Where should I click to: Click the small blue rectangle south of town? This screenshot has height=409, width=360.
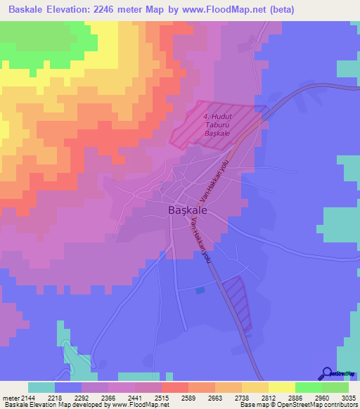201,290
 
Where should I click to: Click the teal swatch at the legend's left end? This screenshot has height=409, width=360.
41,387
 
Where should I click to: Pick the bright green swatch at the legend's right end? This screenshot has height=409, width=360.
335,387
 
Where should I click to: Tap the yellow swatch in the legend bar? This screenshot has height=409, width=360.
281,387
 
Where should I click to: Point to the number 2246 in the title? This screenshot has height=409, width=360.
116,9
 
